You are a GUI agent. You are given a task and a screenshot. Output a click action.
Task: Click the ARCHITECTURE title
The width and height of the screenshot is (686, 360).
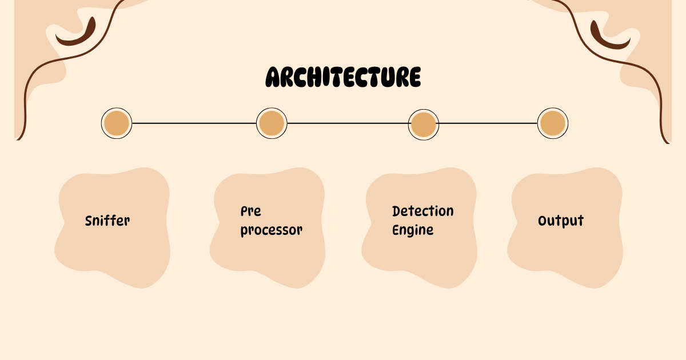pos(344,77)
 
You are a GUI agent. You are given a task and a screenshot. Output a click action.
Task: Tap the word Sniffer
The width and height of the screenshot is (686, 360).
pos(107,221)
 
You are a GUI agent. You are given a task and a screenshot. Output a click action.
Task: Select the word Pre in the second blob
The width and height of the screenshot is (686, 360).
pos(251,211)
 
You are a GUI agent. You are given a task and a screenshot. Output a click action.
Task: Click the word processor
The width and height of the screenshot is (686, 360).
pos(272,230)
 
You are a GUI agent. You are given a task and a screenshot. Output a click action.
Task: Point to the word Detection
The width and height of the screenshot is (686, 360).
pos(423,211)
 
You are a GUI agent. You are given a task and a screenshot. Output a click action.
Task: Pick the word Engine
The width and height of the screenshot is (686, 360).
pos(413,230)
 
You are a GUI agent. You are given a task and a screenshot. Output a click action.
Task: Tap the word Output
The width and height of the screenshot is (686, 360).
pos(561,221)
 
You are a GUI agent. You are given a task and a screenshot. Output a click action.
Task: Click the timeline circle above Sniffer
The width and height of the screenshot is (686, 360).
pos(117,123)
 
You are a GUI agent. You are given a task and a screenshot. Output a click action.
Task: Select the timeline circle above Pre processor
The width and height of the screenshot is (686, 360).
pos(272,123)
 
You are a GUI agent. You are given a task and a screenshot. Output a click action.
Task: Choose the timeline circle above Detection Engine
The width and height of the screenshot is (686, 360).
pos(424,125)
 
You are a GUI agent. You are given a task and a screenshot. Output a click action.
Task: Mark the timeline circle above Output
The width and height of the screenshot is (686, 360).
pos(553,123)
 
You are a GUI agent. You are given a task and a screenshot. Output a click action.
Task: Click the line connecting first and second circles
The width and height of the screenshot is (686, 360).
pos(194,123)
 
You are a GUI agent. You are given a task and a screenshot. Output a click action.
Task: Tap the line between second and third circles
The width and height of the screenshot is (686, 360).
pos(348,123)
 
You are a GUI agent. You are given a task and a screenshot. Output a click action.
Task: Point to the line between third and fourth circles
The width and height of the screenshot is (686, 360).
pos(488,123)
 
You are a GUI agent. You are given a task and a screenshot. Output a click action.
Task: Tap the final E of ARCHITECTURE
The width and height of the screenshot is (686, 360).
pos(414,77)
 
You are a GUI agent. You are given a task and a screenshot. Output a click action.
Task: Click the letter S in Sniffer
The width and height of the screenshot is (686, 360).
pos(89,221)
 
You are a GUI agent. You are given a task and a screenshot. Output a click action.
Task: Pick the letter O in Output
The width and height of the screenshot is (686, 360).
pos(543,221)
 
